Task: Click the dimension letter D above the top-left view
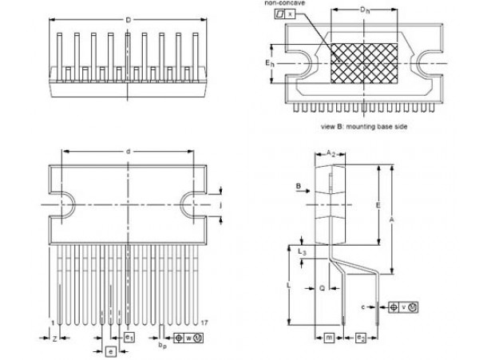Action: click(128, 19)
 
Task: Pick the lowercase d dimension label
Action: click(128, 152)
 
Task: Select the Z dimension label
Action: click(53, 339)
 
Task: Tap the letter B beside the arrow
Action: click(297, 187)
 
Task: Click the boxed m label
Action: click(329, 338)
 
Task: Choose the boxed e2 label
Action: click(361, 338)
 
